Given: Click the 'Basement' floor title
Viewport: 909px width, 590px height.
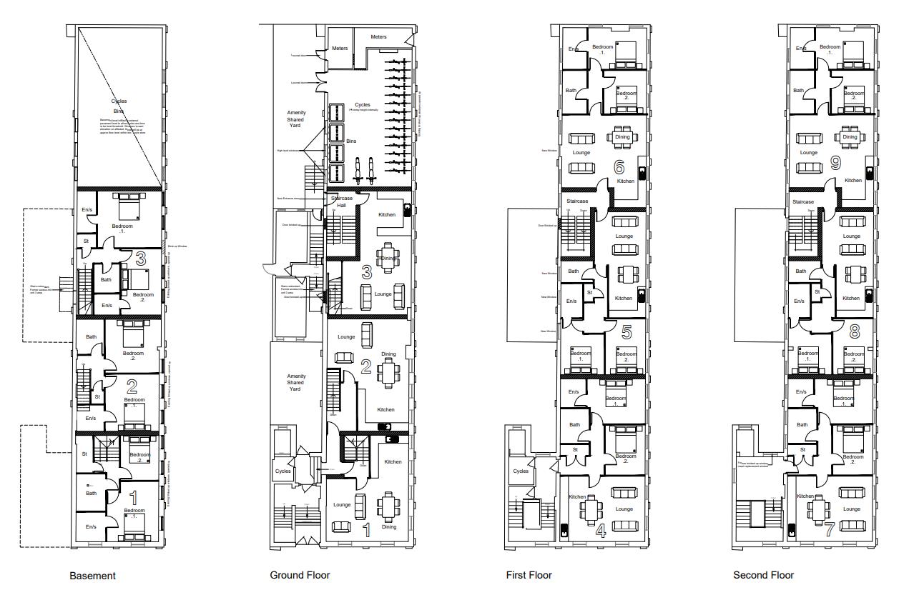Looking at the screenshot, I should coord(92,575).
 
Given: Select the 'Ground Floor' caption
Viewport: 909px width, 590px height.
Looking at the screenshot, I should coord(300,574).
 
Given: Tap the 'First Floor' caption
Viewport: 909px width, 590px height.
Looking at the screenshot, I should coord(529,574).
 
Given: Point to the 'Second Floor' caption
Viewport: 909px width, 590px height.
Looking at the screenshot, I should coord(763,574).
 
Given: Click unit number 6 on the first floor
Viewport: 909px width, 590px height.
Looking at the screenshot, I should coord(619,167).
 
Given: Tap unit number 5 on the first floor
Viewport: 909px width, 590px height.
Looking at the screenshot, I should coord(627,331).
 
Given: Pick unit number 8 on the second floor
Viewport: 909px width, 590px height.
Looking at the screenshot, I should coord(854,331).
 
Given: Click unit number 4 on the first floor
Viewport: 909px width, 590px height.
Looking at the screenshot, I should coord(601,530).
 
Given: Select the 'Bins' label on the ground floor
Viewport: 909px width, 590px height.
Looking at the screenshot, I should coord(351,141).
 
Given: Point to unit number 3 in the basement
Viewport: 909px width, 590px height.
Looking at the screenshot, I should coord(141,258).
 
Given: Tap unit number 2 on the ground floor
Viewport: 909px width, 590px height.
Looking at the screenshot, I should coord(365,367).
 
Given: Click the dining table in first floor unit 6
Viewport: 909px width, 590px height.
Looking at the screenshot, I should coord(622,137).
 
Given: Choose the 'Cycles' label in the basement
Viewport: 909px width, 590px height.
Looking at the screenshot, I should coord(119,101).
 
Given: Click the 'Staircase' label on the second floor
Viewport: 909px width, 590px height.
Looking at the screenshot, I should coord(803,202).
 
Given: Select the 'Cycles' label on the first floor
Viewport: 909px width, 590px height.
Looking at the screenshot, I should coord(521,471).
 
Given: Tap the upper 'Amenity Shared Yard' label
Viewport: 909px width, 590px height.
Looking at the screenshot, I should coord(296,119).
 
